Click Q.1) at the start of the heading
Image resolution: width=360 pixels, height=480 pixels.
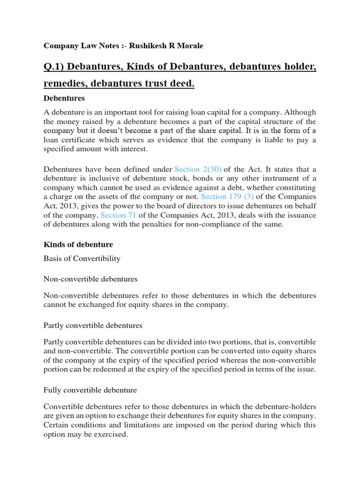click(x=55, y=68)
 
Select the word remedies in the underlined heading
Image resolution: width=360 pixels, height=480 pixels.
click(x=64, y=84)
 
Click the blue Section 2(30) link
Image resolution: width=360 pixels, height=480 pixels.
click(x=198, y=169)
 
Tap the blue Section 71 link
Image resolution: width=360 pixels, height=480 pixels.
click(x=113, y=215)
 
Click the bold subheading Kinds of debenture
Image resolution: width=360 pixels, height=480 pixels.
click(x=78, y=245)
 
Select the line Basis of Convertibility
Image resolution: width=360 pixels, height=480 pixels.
click(x=82, y=258)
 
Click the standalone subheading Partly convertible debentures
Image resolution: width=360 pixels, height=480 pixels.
click(x=93, y=325)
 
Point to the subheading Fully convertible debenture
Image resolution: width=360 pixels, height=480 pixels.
click(x=90, y=390)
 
